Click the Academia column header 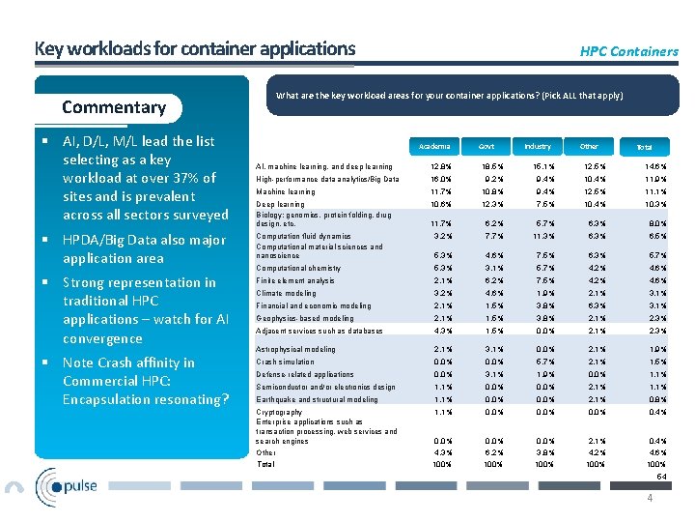click(x=434, y=147)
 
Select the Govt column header click(x=486, y=147)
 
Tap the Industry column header click(x=538, y=147)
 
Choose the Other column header click(x=589, y=147)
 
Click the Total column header click(x=644, y=147)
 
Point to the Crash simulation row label click(x=285, y=362)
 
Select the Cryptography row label click(x=279, y=412)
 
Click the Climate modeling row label click(x=286, y=293)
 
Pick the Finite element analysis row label click(x=295, y=280)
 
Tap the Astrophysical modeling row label click(x=295, y=349)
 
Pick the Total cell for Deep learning click(x=644, y=204)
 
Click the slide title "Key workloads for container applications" click(x=195, y=48)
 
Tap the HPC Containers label click(x=628, y=51)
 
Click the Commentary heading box click(x=114, y=107)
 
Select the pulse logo click(x=67, y=484)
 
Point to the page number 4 click(x=650, y=498)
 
